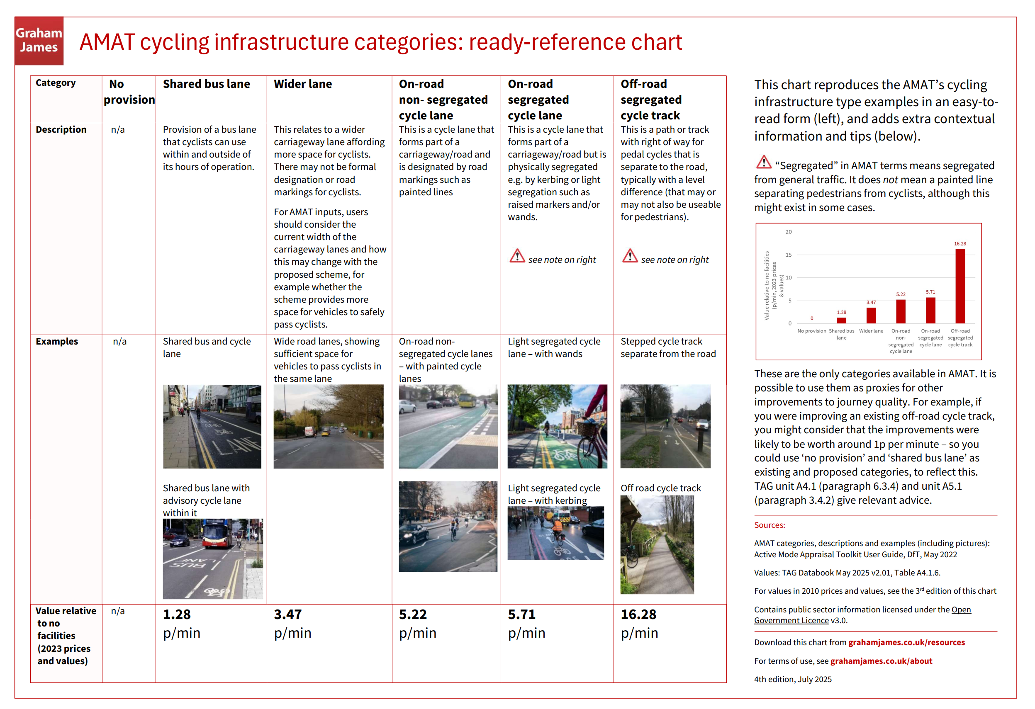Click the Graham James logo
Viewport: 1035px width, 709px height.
point(39,41)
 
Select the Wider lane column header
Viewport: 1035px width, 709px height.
point(302,84)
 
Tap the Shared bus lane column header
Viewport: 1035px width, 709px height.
point(206,84)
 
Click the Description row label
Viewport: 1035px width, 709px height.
point(61,129)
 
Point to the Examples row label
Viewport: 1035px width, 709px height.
point(56,341)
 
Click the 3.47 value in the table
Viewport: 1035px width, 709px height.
point(288,614)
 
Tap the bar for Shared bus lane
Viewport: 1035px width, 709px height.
point(841,321)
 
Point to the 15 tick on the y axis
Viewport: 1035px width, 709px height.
point(788,255)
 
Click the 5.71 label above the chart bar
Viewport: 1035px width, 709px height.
point(930,292)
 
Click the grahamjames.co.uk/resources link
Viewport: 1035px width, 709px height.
point(906,642)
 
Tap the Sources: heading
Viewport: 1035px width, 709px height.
point(769,525)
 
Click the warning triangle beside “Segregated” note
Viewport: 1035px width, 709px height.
point(764,163)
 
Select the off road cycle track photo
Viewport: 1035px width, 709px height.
point(657,544)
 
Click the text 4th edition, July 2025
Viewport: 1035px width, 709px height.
point(793,679)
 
